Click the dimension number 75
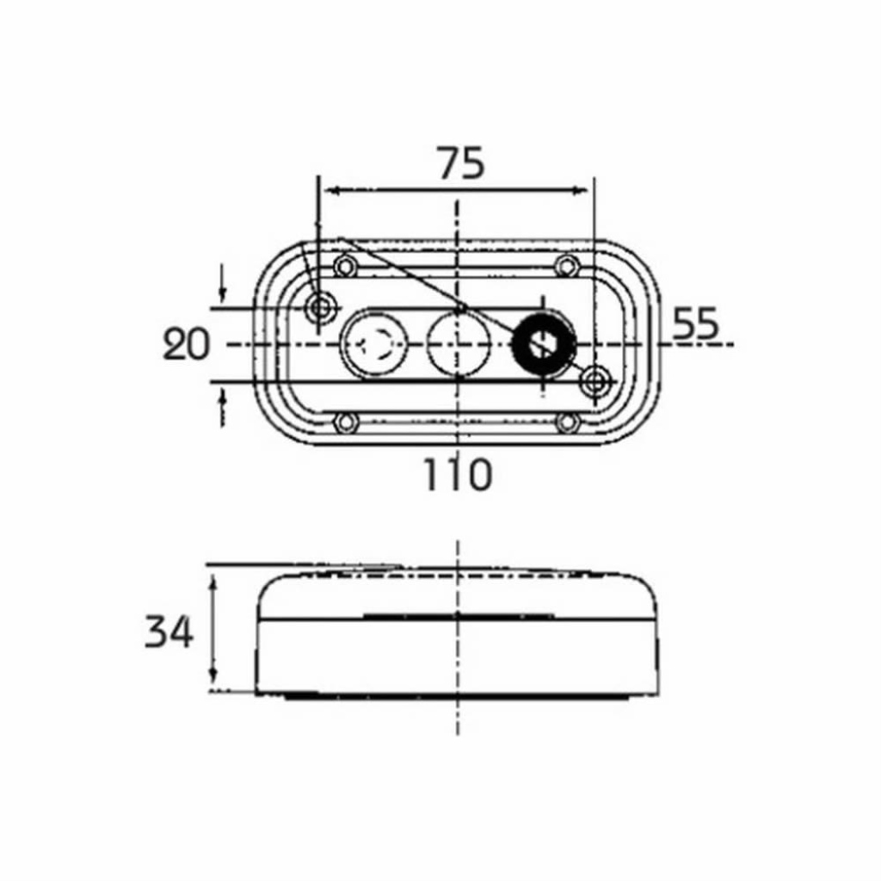461,163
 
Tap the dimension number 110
458,475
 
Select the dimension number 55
695,323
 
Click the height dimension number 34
169,631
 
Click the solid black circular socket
544,342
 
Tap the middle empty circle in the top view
459,343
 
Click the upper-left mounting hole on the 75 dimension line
320,308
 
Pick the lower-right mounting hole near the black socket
596,381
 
